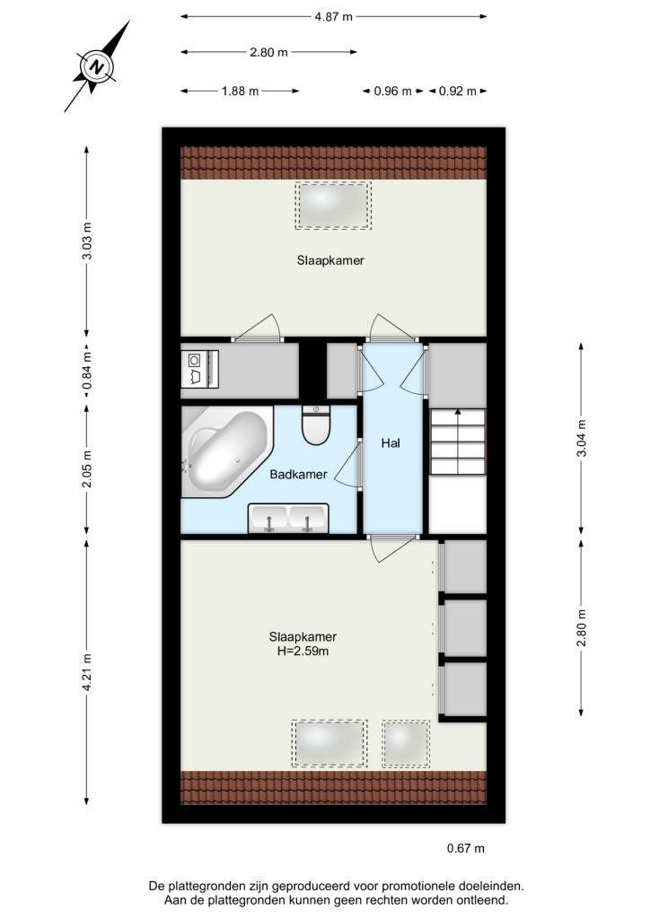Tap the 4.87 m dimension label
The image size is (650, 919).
pos(333,16)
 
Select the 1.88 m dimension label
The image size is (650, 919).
pos(240,91)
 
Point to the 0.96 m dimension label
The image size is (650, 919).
pos(392,91)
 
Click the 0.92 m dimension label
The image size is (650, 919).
pos(457,91)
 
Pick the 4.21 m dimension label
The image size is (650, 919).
pos(87,672)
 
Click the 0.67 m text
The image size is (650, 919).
pos(465,848)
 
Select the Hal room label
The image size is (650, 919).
pos(391,443)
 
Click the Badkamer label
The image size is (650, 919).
pos(298,474)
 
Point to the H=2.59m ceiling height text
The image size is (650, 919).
pos(303,651)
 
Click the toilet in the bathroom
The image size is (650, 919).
pos(317,424)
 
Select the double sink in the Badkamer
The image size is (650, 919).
pos(288,518)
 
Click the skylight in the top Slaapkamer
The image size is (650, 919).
pos(333,206)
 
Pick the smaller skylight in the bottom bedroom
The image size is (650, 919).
pos(406,743)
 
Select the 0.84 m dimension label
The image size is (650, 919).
pos(87,370)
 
